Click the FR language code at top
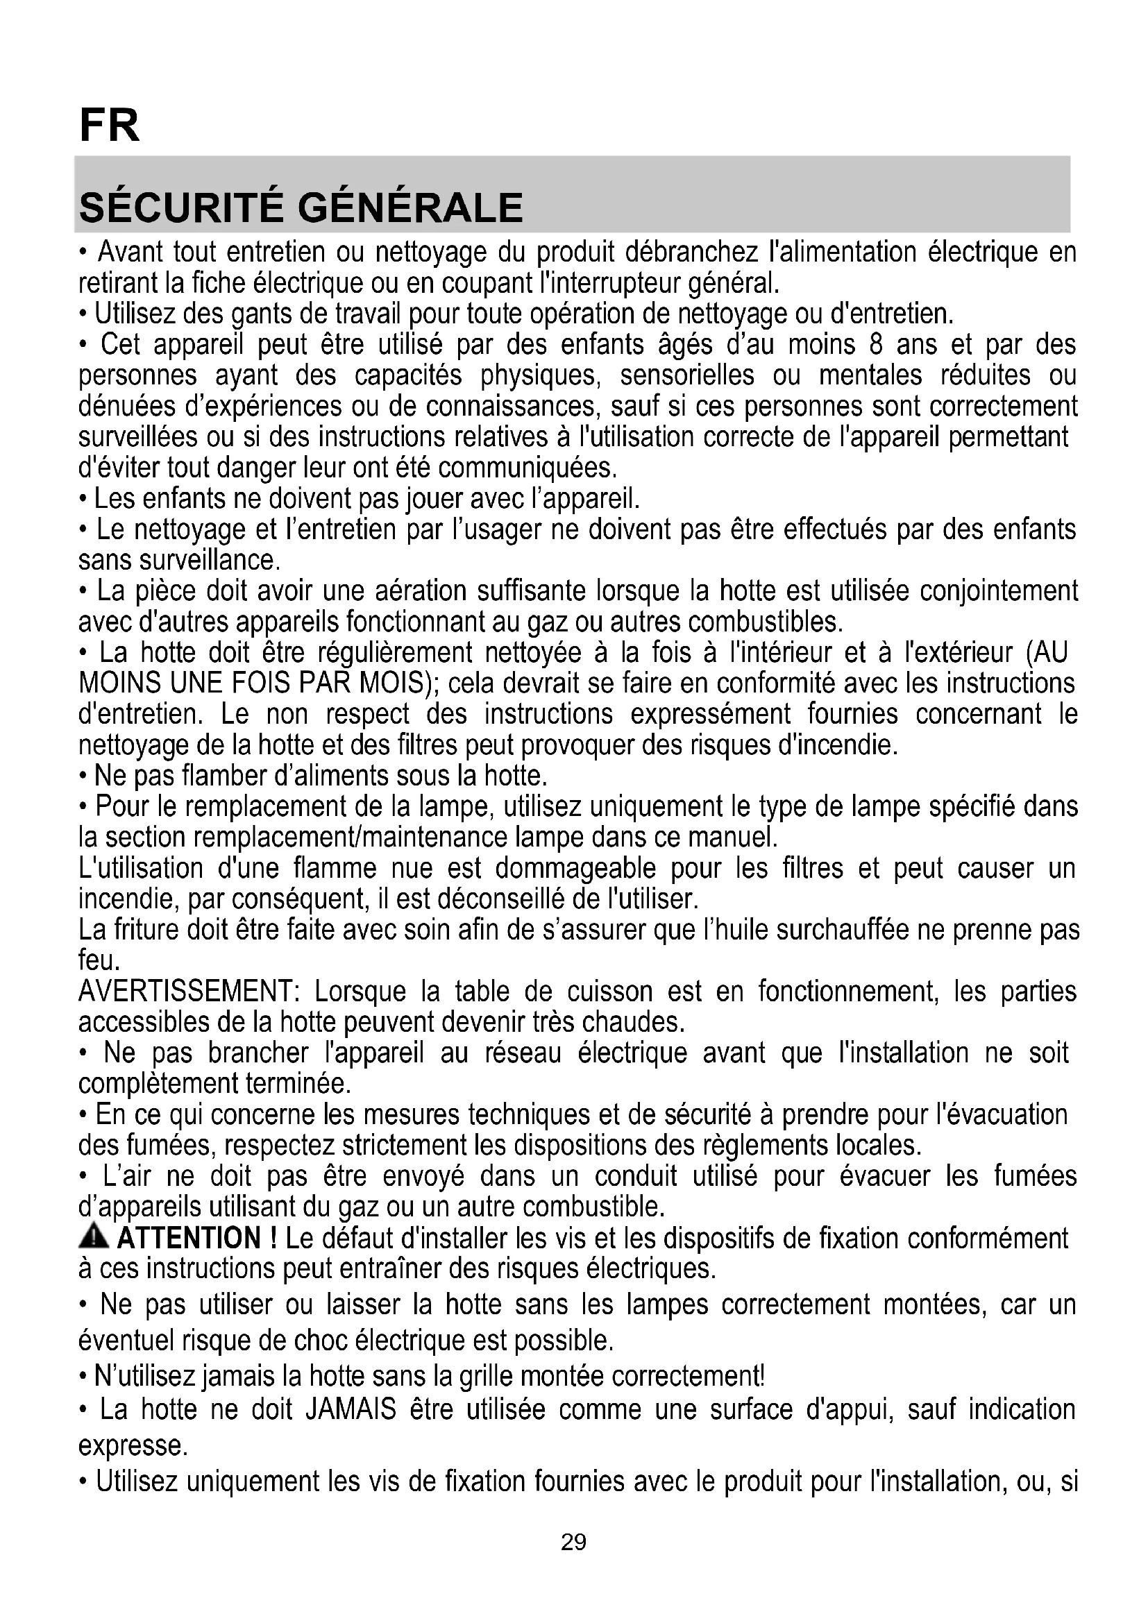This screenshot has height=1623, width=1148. pyautogui.click(x=110, y=126)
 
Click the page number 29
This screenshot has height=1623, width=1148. pyautogui.click(x=573, y=1542)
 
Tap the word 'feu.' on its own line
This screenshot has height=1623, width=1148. pyautogui.click(x=99, y=960)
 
